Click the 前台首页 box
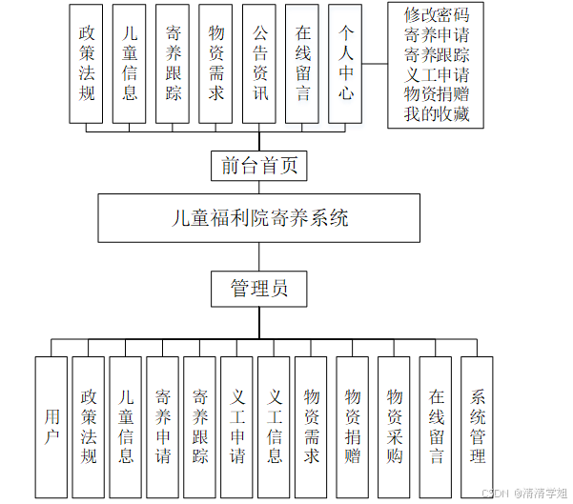click(259, 166)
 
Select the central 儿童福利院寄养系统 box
click(259, 218)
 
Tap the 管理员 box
click(259, 288)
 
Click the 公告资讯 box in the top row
click(259, 63)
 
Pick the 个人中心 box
click(346, 63)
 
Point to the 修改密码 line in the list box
click(437, 15)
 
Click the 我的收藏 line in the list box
click(437, 114)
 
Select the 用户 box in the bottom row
click(51, 426)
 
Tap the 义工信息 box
click(275, 426)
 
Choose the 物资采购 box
click(395, 426)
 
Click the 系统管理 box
click(478, 426)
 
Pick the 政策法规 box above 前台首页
click(87, 63)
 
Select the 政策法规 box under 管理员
click(89, 426)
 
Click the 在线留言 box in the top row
click(303, 63)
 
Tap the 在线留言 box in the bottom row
click(437, 426)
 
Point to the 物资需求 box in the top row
click(216, 63)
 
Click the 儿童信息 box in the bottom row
click(126, 426)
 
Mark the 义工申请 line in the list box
click(437, 74)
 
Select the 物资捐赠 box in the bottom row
click(353, 426)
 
